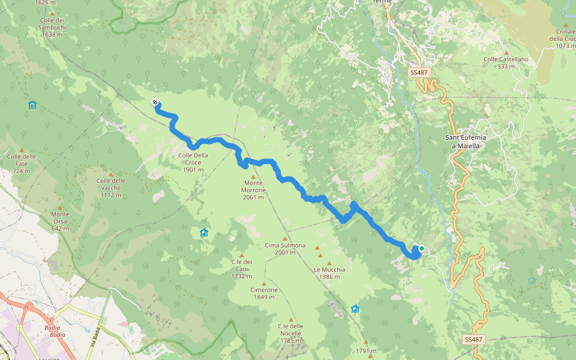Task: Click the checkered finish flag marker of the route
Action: pyautogui.click(x=155, y=103)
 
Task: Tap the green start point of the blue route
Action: pyautogui.click(x=422, y=248)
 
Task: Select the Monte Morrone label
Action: pyautogui.click(x=253, y=190)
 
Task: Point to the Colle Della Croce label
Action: pyautogui.click(x=193, y=163)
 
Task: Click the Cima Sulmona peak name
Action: pyautogui.click(x=285, y=249)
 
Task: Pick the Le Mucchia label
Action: pyautogui.click(x=329, y=269)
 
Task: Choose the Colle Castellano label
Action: pyautogui.click(x=506, y=62)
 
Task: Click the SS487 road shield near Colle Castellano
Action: pyautogui.click(x=419, y=73)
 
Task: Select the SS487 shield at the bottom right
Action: pyautogui.click(x=473, y=340)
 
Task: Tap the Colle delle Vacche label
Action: pyautogui.click(x=110, y=184)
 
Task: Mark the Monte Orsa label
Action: pyautogui.click(x=60, y=218)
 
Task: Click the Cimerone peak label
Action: pyautogui.click(x=264, y=293)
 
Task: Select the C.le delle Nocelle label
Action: pyautogui.click(x=290, y=329)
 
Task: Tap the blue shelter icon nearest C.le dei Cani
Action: pyautogui.click(x=204, y=233)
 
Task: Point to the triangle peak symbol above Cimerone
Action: pyautogui.click(x=264, y=283)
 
